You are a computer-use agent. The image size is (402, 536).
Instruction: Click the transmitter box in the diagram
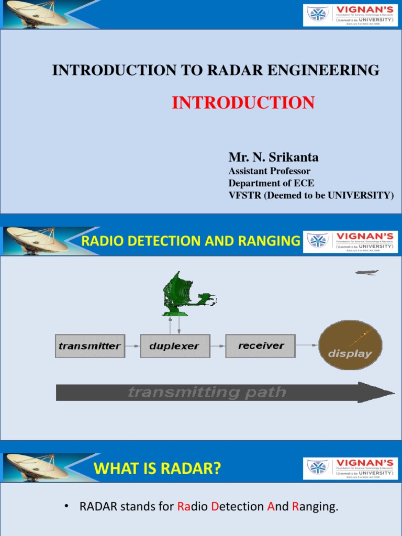90,346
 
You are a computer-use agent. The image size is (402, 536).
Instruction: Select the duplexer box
175,346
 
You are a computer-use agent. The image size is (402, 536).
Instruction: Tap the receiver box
260,346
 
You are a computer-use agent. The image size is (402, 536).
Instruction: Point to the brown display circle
350,345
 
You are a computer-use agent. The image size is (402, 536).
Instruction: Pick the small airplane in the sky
366,272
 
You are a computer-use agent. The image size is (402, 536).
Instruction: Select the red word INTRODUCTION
243,103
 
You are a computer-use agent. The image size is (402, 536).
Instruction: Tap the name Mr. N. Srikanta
273,157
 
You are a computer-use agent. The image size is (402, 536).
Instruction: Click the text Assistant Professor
269,171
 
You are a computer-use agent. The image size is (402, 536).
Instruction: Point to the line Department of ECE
271,183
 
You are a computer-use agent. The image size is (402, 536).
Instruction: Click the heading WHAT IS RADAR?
157,469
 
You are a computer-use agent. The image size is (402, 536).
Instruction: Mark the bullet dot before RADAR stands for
66,507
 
